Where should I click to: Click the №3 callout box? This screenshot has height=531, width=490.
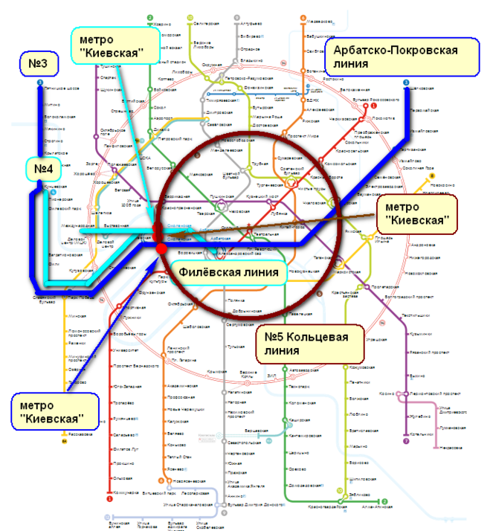pos(38,66)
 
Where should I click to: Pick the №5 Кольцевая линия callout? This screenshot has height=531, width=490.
pos(309,344)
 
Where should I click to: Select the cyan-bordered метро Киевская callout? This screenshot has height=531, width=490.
pos(117,46)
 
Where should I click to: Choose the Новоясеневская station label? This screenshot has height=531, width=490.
pos(186,481)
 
